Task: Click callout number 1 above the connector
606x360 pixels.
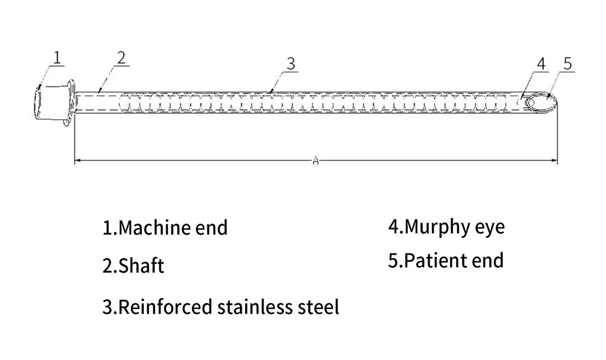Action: (x=57, y=57)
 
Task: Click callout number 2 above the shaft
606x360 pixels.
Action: (x=121, y=57)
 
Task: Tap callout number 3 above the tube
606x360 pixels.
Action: (x=291, y=63)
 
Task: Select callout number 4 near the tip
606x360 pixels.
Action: (x=541, y=63)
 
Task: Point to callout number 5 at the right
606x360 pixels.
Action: (x=567, y=63)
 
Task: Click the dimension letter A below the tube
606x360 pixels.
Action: (x=316, y=162)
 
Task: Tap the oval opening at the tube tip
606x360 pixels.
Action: (x=541, y=102)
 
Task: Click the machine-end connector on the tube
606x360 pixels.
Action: (x=50, y=102)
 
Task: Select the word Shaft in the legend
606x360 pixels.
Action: (x=141, y=266)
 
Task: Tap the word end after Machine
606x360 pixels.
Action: (x=211, y=228)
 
